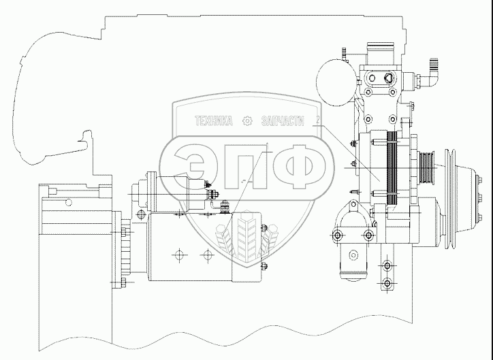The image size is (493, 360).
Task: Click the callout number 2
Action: [x=317, y=122]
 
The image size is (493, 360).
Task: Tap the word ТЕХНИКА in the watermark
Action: [x=214, y=121]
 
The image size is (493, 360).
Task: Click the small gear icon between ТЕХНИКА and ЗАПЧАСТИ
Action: [x=247, y=121]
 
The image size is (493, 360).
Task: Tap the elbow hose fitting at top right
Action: [x=433, y=71]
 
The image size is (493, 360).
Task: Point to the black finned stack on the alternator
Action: [x=392, y=169]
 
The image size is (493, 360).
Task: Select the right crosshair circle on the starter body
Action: [x=206, y=257]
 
